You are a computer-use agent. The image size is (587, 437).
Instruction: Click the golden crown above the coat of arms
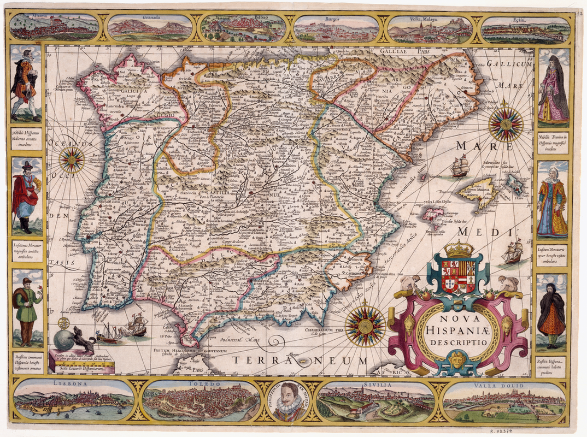(x=459, y=249)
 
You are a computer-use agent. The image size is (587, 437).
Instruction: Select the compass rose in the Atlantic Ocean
(x=72, y=160)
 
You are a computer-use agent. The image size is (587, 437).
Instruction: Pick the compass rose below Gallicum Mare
(x=506, y=124)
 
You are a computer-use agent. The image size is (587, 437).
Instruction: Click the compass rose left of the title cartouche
(x=365, y=326)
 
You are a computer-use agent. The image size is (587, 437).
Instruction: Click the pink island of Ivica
(x=435, y=214)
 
